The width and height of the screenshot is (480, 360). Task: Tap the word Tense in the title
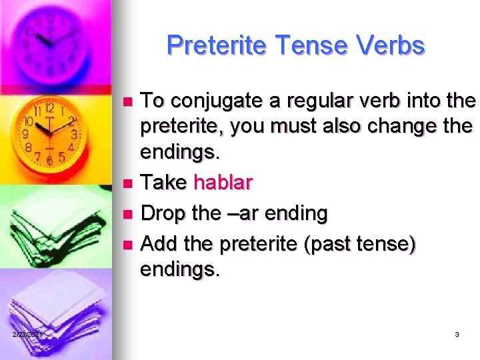pos(304,45)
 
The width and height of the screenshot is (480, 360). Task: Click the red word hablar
pos(223,182)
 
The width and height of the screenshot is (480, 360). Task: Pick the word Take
pos(164,182)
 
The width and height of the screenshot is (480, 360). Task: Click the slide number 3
pos(457,334)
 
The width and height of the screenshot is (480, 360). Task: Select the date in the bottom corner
pos(27,334)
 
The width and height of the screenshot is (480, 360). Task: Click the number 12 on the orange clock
pos(50,107)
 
